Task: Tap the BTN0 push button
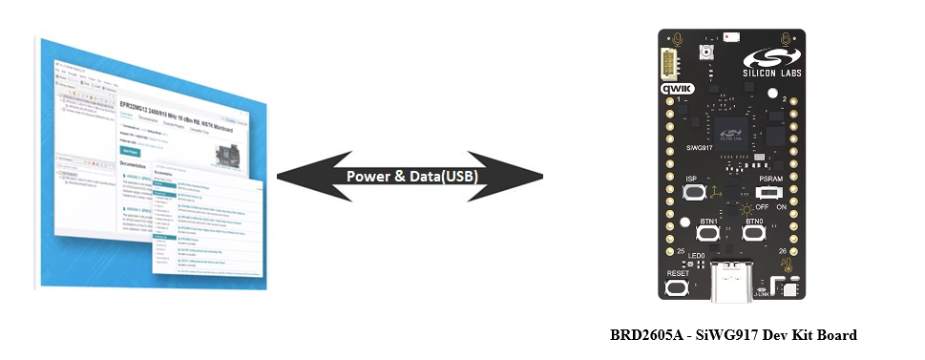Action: click(753, 234)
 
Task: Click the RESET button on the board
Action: click(678, 288)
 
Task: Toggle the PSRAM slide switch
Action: click(766, 192)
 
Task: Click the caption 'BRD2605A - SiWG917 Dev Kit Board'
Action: click(733, 335)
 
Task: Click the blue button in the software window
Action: click(130, 150)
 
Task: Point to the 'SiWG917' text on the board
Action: click(701, 148)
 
